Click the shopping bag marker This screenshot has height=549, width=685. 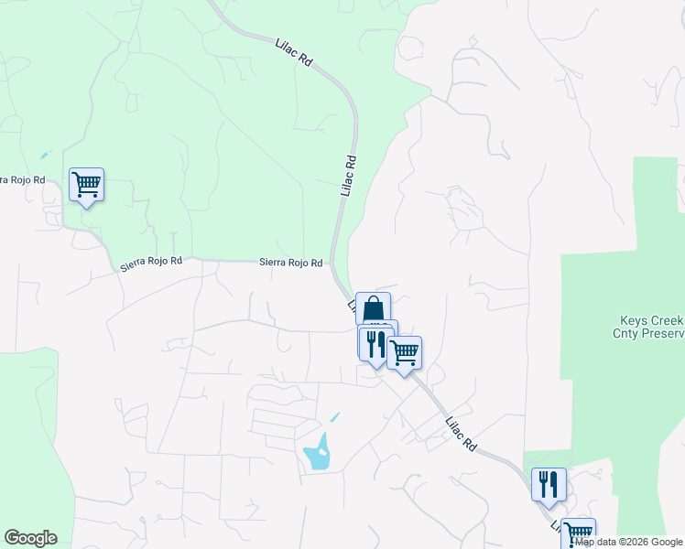click(x=373, y=308)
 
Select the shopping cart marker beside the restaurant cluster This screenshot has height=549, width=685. click(x=404, y=352)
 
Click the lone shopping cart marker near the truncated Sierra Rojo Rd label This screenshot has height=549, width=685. click(x=87, y=185)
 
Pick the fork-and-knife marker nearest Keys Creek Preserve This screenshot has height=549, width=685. click(x=549, y=484)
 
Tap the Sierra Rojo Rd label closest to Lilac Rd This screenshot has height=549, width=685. click(x=290, y=263)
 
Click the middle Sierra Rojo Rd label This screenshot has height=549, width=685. click(x=151, y=265)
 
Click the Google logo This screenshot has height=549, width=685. click(x=30, y=538)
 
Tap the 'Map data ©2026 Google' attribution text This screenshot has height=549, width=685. click(x=629, y=542)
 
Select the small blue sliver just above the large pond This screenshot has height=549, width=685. click(x=334, y=417)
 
